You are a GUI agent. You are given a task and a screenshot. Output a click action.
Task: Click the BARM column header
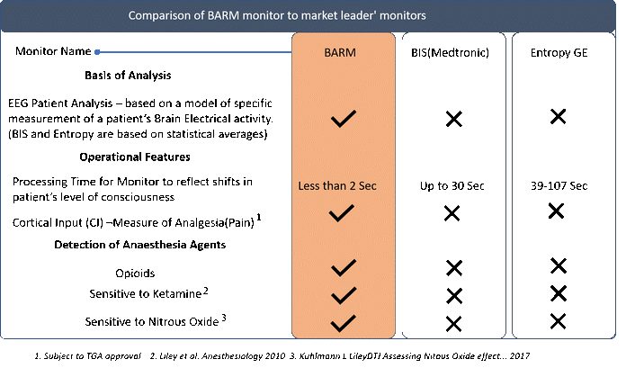coord(340,53)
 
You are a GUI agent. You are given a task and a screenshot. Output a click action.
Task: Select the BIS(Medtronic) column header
coord(450,53)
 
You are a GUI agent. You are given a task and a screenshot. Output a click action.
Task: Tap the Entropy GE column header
coord(559,53)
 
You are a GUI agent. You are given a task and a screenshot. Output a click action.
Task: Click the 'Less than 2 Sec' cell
coord(337,185)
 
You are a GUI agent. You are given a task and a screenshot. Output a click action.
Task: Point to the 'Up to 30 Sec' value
coord(452,185)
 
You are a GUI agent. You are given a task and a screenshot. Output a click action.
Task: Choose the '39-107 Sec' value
coord(559,185)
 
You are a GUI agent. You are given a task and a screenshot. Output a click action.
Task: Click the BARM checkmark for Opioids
coord(344,268)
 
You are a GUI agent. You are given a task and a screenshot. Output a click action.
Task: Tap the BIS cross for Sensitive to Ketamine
coord(454,296)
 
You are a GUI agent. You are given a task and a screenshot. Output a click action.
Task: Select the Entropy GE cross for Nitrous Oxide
coord(558,321)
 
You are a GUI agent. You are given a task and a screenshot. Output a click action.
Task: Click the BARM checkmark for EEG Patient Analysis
coord(344,119)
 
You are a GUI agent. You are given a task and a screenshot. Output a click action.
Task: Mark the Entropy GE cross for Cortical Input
coord(556,211)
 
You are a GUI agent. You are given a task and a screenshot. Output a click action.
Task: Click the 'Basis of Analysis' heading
coord(128,76)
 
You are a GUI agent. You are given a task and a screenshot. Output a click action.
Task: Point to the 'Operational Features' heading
coord(135,157)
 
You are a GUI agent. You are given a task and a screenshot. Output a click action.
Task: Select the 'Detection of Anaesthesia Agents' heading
coord(139,245)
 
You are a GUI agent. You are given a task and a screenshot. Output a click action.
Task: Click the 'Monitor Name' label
coord(53,51)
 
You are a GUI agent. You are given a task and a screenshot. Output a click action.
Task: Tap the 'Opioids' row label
coord(135,274)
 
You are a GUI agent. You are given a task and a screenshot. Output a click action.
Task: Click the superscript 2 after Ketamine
coord(206,291)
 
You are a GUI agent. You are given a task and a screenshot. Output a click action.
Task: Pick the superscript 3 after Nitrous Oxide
coord(224,318)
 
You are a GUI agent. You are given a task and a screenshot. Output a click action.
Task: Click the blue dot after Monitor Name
coord(97,52)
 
